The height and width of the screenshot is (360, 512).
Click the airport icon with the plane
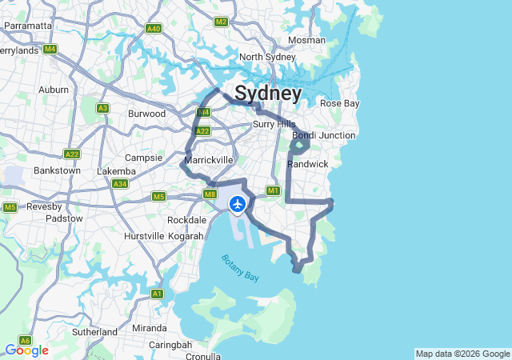(238, 205)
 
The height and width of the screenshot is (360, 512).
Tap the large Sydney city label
(268, 94)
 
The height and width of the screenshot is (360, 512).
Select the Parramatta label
(28, 26)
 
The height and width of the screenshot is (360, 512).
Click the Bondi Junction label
(324, 135)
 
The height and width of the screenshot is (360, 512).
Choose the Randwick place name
(308, 164)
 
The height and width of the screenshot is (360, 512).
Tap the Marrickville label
(208, 161)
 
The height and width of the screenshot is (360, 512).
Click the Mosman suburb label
(306, 40)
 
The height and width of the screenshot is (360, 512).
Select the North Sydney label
(267, 57)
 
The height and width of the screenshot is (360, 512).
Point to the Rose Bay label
(340, 104)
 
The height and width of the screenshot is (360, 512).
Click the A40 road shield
(154, 29)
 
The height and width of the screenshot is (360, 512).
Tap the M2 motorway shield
(222, 22)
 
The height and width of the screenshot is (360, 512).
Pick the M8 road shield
(210, 194)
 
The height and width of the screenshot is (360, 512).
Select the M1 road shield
(273, 190)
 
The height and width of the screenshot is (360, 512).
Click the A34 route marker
(120, 184)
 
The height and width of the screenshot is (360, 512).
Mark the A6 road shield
(25, 340)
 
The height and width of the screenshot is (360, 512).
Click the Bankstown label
(57, 170)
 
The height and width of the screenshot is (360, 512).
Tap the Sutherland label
(94, 331)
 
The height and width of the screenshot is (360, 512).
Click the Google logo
(26, 350)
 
